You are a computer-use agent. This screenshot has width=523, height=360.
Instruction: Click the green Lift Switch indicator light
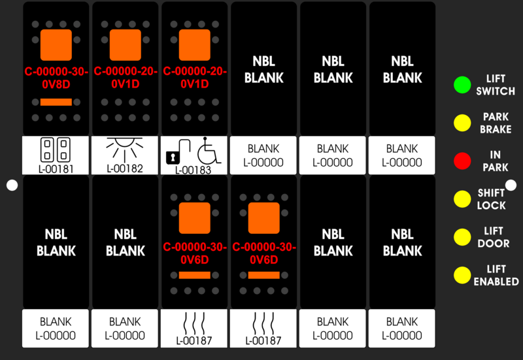pos(462,85)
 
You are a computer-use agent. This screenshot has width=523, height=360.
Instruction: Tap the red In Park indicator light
pos(462,161)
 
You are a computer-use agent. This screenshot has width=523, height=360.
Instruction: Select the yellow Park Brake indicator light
pos(462,123)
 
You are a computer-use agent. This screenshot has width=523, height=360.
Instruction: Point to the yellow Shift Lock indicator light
pos(462,199)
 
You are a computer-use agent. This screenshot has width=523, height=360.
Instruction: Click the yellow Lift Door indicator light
pos(462,237)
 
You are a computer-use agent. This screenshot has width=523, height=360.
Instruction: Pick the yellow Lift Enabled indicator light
pos(462,275)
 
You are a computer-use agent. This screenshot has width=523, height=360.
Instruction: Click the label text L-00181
pos(56,169)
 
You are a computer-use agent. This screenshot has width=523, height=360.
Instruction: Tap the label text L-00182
pos(125,169)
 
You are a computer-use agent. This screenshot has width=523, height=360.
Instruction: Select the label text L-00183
pos(193,170)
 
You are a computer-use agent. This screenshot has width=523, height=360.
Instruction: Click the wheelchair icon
pos(209,150)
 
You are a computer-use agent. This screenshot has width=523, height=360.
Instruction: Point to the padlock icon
pos(178,152)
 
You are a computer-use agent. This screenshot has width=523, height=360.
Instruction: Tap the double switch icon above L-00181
pos(56,150)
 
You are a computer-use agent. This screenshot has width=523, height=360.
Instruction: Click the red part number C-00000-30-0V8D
pos(56,78)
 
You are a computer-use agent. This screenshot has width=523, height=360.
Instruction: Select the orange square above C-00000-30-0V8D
pos(56,45)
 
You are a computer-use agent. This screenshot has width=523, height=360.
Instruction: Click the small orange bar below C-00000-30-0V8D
pos(56,102)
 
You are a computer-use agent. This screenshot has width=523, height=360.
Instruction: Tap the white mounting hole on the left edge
pos(12,186)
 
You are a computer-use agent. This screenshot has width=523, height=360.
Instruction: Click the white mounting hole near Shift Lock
pos(511,186)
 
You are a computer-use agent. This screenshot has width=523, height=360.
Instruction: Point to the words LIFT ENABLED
pos(496,275)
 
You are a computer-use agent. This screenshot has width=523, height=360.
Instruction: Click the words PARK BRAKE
pos(496,123)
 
